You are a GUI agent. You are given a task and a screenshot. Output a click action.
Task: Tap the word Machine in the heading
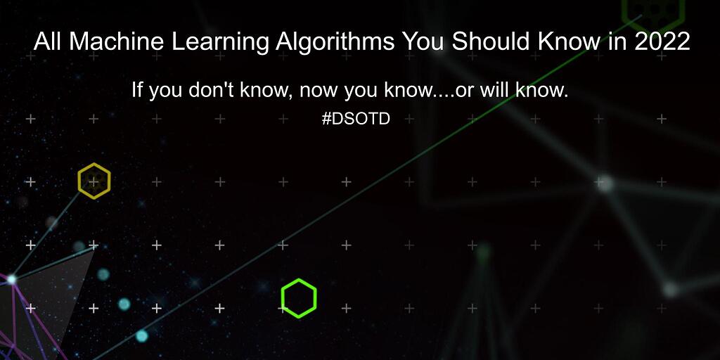(105, 41)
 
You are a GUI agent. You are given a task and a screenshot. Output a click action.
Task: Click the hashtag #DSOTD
(356, 119)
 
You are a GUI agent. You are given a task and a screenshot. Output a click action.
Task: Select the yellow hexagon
(94, 181)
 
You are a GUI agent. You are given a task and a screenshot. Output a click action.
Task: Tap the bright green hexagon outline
(299, 297)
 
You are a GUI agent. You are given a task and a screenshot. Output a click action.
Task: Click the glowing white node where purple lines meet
(11, 279)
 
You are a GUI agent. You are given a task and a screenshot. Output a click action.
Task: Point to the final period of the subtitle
(565, 96)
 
